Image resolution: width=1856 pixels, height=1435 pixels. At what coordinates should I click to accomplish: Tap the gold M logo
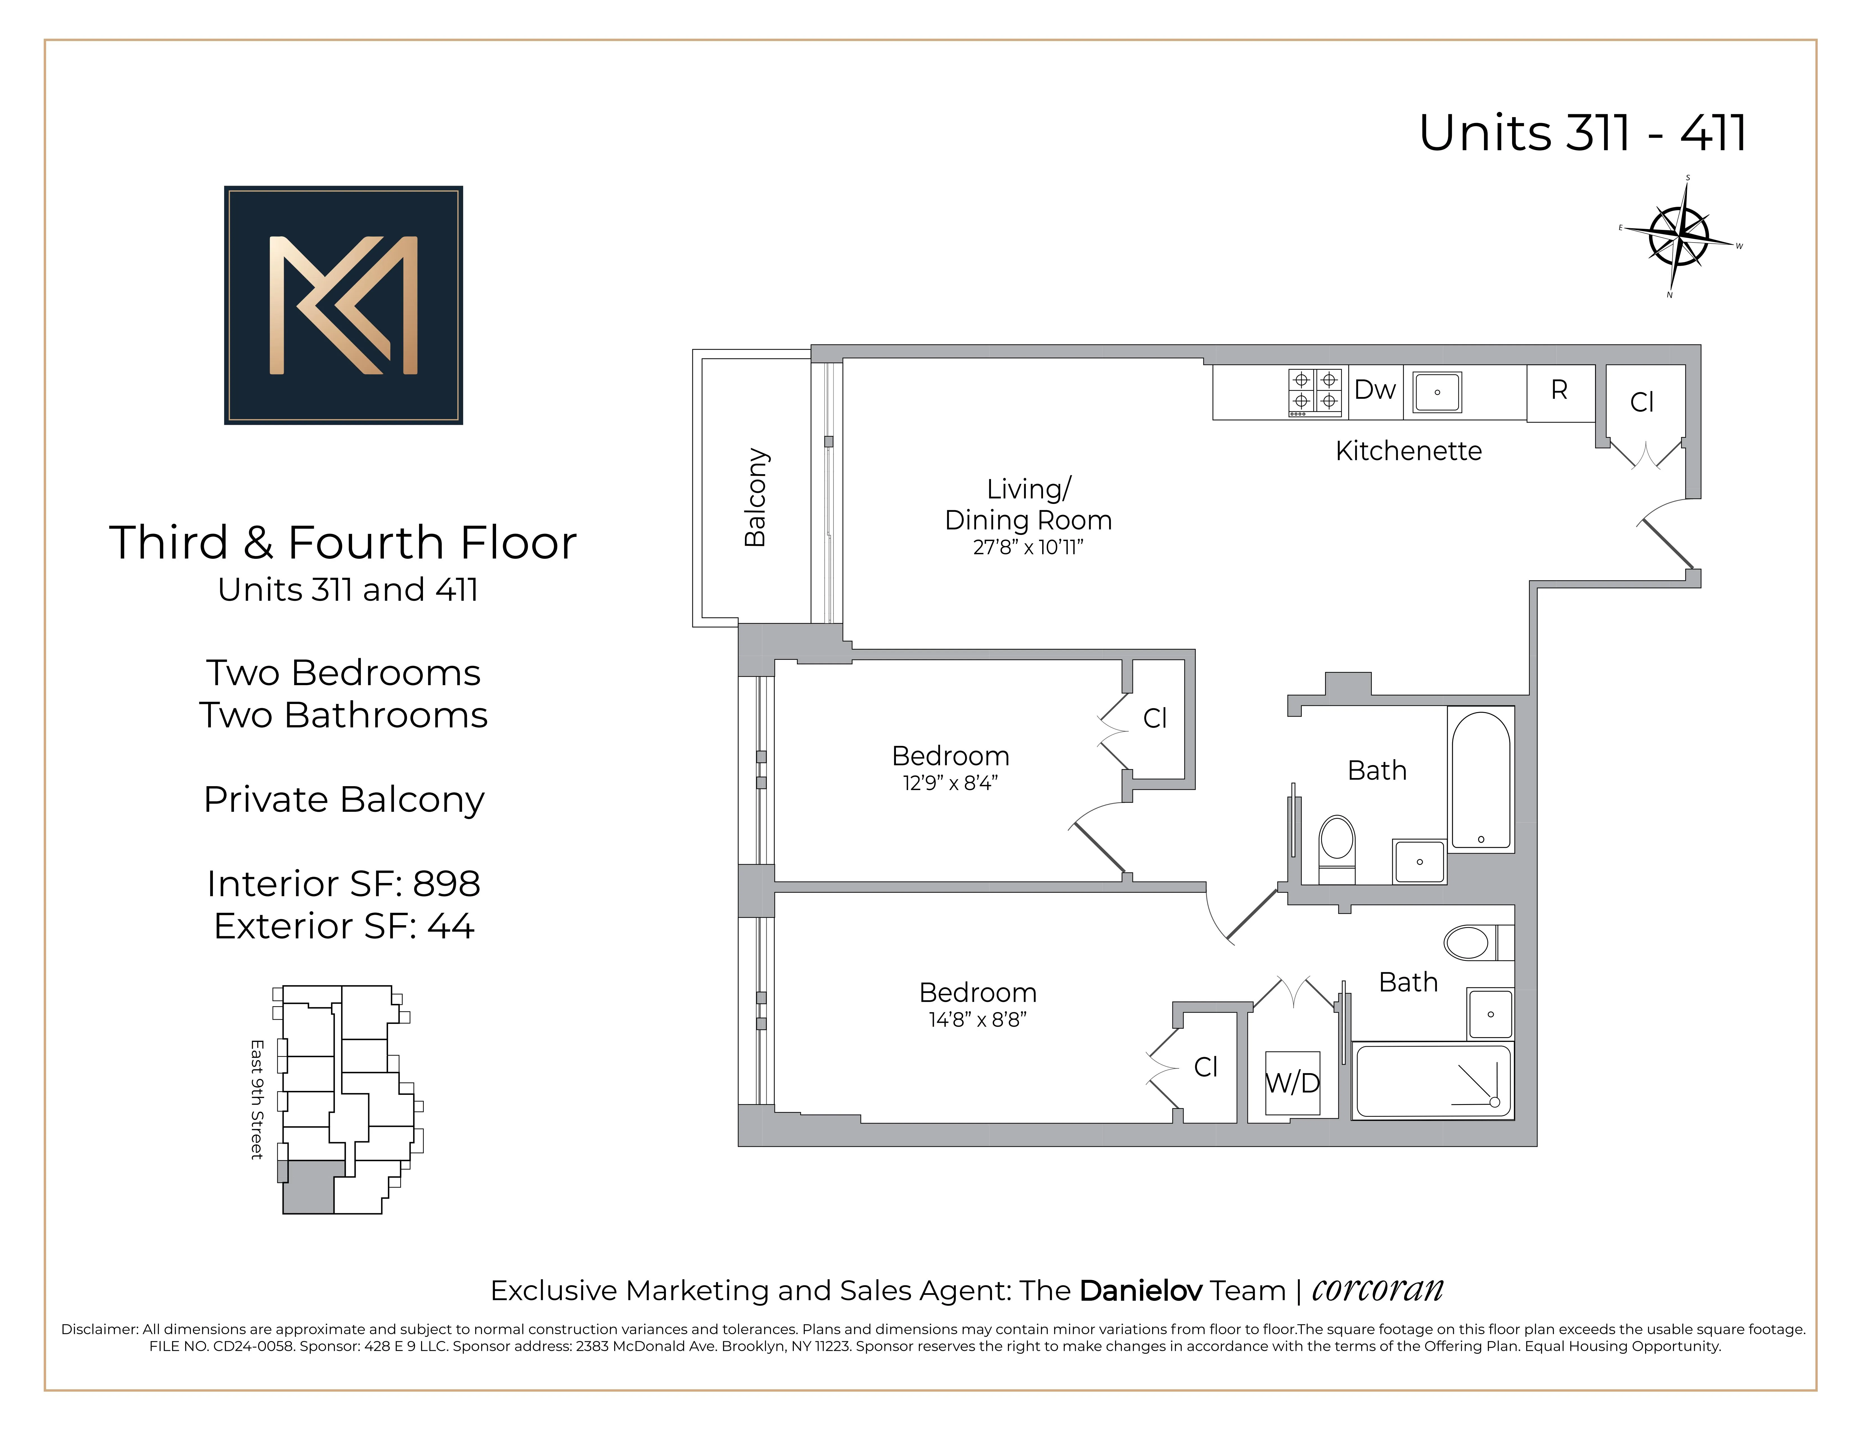pyautogui.click(x=343, y=305)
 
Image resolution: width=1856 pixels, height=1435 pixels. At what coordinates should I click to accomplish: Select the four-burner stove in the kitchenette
pyautogui.click(x=1315, y=392)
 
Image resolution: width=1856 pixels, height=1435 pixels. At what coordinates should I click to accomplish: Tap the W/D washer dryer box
pyautogui.click(x=1292, y=1083)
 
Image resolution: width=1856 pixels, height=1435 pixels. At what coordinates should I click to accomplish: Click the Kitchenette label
pyautogui.click(x=1408, y=450)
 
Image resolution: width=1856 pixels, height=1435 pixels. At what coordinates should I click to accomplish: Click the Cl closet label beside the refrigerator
pyautogui.click(x=1642, y=402)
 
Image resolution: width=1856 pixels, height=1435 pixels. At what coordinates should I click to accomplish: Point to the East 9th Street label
pyautogui.click(x=257, y=1099)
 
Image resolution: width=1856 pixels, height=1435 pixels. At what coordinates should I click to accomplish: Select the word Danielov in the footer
pyautogui.click(x=1140, y=1290)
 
